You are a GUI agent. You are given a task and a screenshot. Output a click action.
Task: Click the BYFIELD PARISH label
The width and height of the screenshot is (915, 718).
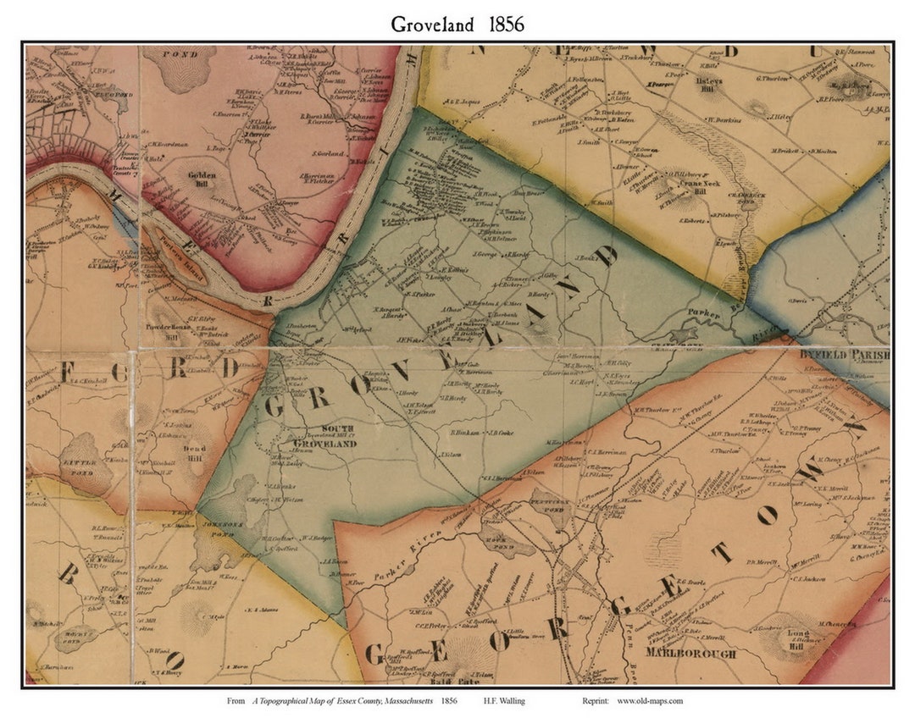pos(844,356)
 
